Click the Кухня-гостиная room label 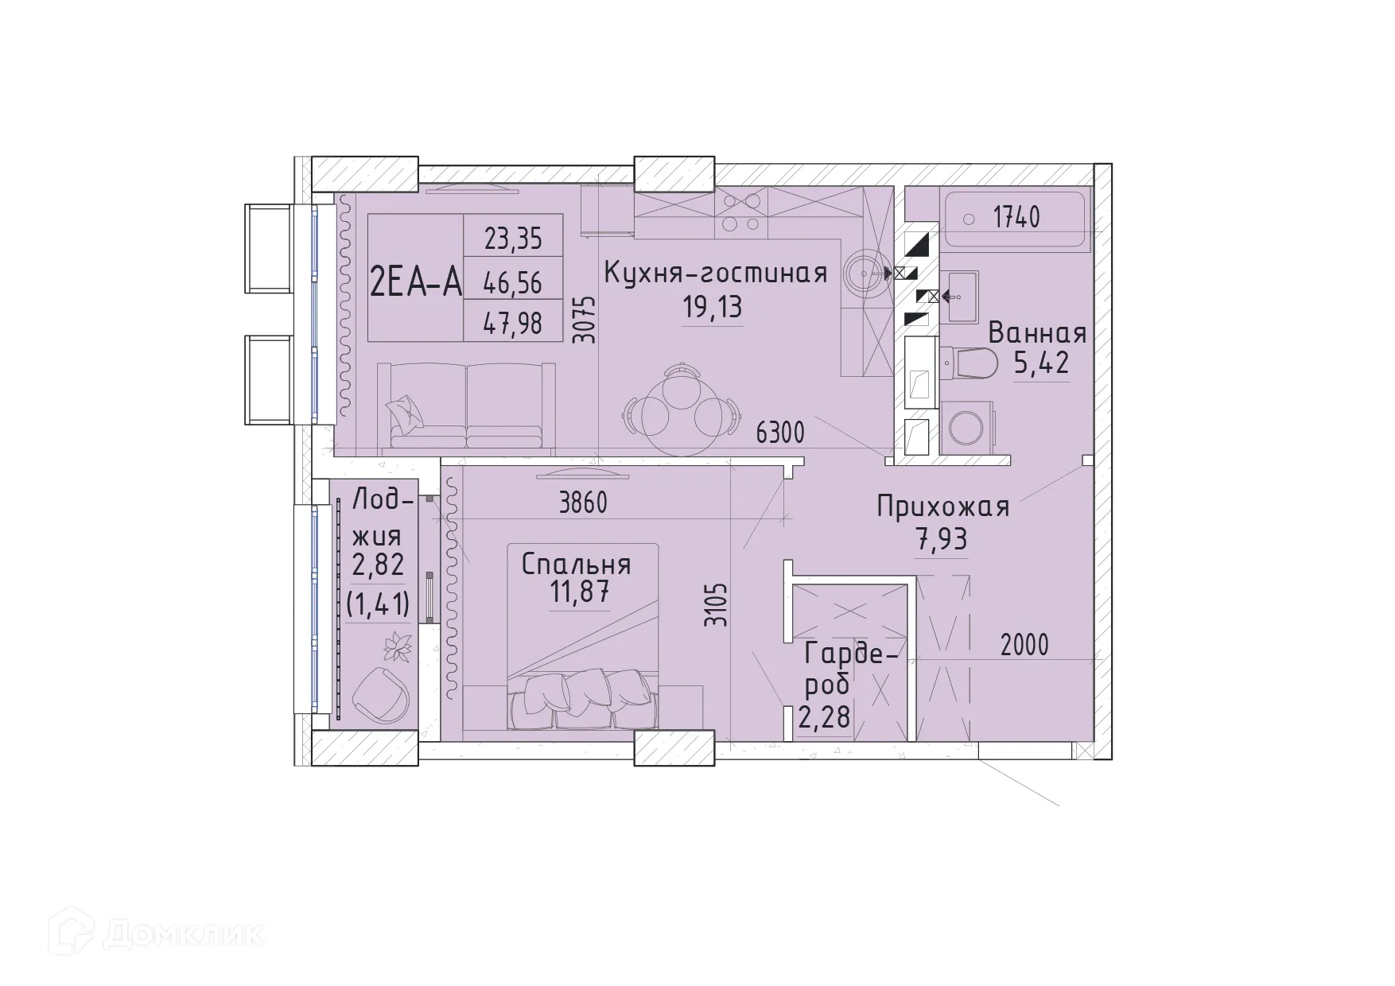click(715, 273)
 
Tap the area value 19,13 click(713, 307)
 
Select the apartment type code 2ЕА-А click(415, 281)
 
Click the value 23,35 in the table click(513, 238)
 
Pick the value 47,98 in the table click(513, 323)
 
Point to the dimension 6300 click(780, 433)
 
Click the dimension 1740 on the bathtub click(1016, 217)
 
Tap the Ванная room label click(1037, 333)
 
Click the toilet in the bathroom click(970, 365)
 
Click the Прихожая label click(942, 507)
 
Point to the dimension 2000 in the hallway click(1024, 645)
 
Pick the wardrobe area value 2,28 click(824, 718)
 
